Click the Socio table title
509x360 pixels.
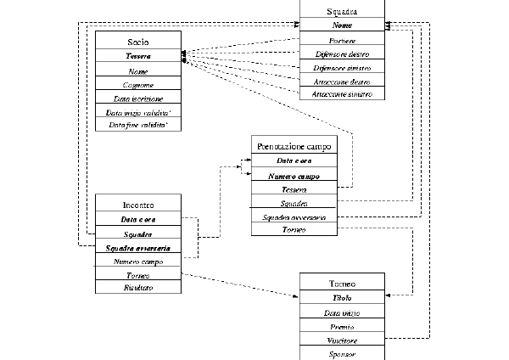(137, 40)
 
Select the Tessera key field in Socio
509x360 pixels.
(137, 56)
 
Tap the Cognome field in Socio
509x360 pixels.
(137, 85)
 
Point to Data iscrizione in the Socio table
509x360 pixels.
(137, 98)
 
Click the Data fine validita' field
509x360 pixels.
(137, 126)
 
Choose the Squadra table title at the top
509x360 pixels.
(342, 12)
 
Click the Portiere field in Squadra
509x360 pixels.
(342, 41)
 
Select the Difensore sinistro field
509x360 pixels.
(342, 67)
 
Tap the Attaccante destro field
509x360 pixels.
(342, 81)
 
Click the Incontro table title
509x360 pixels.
(138, 205)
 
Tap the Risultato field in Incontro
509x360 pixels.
(138, 287)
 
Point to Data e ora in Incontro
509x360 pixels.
(138, 220)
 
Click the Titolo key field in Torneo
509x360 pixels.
(342, 298)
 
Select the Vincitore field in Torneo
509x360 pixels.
(342, 340)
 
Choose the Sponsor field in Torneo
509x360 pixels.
(342, 352)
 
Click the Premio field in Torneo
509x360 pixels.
(342, 326)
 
